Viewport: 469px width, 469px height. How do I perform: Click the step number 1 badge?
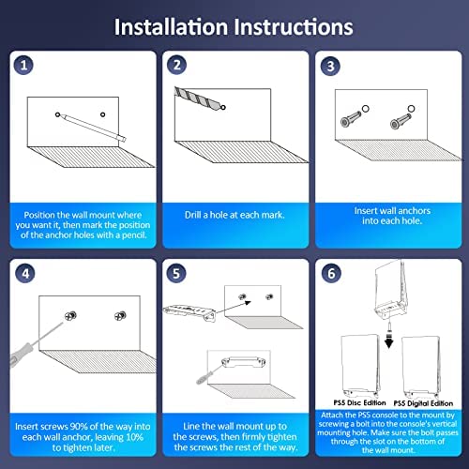[x=23, y=65]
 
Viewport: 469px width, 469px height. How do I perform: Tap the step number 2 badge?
[x=176, y=65]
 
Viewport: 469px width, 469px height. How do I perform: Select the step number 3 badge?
[x=330, y=66]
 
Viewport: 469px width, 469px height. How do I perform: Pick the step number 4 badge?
[x=25, y=274]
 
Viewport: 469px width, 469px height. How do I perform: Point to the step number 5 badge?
[x=176, y=273]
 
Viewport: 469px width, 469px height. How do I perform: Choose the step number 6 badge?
[x=331, y=273]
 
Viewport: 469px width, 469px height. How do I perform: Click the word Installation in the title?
[x=171, y=27]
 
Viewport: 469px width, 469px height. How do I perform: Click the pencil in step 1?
[x=93, y=128]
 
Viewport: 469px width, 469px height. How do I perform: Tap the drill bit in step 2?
[x=198, y=98]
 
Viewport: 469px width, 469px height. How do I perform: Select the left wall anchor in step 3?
[x=351, y=118]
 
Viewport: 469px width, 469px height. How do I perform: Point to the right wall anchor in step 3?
[x=401, y=121]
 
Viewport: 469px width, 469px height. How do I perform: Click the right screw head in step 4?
[x=120, y=316]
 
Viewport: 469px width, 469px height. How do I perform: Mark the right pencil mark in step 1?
[x=102, y=114]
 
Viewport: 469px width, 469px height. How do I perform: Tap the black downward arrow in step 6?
[x=388, y=341]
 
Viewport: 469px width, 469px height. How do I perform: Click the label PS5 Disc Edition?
[x=359, y=402]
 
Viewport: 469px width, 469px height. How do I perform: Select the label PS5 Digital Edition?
[x=423, y=403]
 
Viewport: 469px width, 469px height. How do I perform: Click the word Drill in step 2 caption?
[x=192, y=215]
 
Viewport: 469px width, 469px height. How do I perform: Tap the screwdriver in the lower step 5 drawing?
[x=209, y=373]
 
